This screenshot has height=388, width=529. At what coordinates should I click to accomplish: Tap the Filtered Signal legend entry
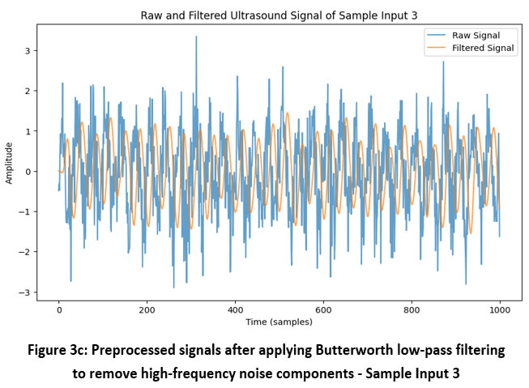(x=483, y=48)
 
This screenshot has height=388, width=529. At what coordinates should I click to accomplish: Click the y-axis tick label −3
(x=27, y=293)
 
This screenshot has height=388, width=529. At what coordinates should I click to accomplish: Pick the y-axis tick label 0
(x=29, y=172)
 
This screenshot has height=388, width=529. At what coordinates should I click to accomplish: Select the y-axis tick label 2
(x=29, y=91)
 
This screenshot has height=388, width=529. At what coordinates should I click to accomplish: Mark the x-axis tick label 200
(x=147, y=310)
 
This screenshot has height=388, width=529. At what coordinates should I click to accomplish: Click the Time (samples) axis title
(x=279, y=322)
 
